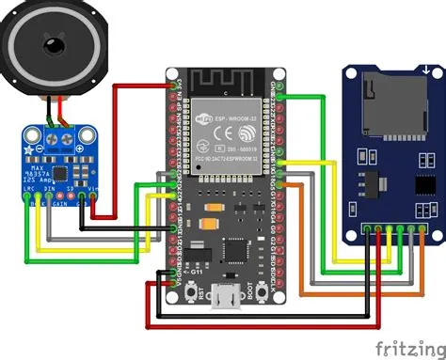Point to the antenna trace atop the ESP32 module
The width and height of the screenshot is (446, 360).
point(223,83)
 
